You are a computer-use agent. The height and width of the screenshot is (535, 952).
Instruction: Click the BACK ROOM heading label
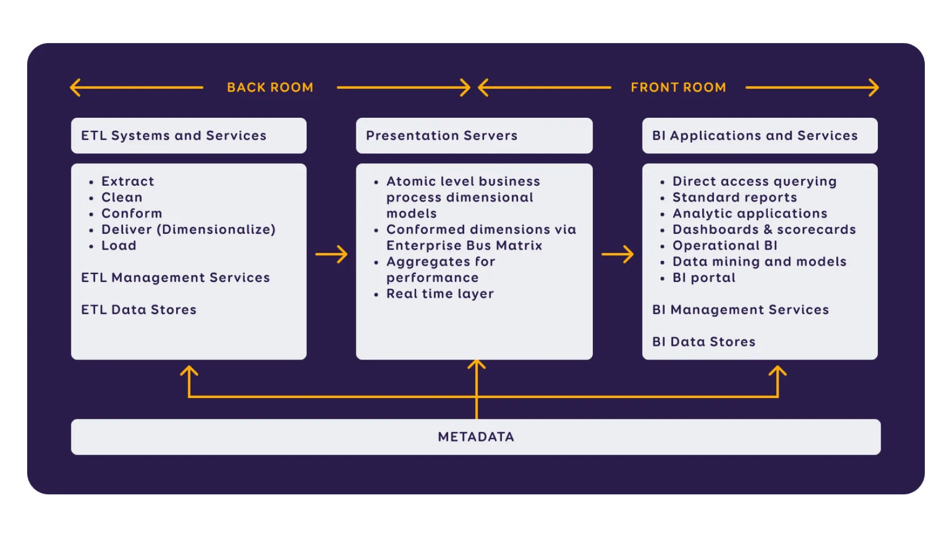tap(270, 88)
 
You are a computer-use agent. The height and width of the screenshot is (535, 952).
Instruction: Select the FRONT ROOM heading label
tap(678, 88)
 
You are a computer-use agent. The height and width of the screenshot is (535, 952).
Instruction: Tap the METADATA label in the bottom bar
tap(476, 437)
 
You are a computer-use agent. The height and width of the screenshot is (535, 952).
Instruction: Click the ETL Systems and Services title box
tap(189, 136)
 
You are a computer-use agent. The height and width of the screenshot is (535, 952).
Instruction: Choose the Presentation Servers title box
tap(474, 136)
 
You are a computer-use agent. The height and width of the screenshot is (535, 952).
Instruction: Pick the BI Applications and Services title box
tap(759, 136)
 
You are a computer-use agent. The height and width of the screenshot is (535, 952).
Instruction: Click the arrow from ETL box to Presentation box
tap(331, 254)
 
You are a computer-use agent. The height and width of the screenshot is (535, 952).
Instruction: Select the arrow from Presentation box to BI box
tap(618, 254)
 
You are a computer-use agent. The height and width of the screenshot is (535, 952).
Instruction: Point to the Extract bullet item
tap(127, 182)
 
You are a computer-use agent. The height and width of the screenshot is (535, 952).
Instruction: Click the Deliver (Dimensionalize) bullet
tap(188, 230)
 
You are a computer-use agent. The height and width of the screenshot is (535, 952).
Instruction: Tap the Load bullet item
tap(119, 246)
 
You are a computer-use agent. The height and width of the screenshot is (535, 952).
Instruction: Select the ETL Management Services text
tap(175, 278)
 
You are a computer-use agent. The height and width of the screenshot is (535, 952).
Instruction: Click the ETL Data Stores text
tap(139, 310)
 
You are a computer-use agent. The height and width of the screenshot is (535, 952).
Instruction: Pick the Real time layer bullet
tap(440, 294)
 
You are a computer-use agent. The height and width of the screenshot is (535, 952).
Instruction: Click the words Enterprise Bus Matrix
tap(464, 246)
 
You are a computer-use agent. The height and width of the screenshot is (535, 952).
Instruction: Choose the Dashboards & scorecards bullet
tap(764, 230)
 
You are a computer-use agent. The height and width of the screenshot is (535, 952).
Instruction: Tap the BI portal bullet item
tap(704, 278)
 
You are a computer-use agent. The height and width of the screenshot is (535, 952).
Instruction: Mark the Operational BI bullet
tap(725, 246)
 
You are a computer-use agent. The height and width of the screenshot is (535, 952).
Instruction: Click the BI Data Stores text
tap(704, 342)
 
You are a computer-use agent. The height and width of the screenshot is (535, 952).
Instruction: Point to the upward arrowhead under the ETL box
tap(189, 371)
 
